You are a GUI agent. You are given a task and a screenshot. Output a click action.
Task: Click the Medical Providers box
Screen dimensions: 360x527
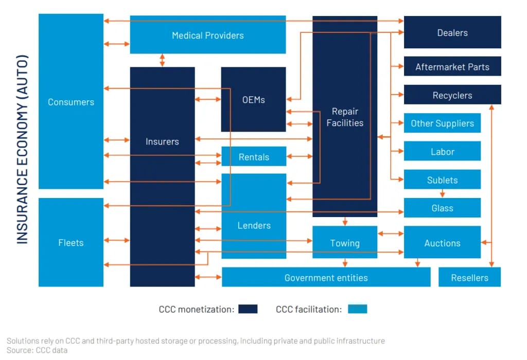207,35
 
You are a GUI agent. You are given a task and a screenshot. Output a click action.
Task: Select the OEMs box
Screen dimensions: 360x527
253,100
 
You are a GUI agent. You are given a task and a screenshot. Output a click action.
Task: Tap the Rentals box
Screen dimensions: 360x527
254,157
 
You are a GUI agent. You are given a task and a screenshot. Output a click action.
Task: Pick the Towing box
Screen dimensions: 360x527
345,243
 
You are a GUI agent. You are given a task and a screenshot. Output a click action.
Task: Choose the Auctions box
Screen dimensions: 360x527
442,243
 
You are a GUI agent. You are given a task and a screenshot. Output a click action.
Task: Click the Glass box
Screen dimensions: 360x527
442,208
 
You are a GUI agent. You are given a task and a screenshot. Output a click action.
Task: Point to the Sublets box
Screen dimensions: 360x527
442,179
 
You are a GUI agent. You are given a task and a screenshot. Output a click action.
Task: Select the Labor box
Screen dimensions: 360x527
442,152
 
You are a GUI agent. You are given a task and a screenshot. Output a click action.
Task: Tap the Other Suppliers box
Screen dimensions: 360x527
442,123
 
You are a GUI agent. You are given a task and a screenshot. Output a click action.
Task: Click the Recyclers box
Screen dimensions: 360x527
452,95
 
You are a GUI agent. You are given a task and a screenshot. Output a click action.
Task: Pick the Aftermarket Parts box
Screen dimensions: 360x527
452,67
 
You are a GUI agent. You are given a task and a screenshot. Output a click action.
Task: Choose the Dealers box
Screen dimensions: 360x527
452,32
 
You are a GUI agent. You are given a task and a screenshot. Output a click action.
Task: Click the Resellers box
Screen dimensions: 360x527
469,278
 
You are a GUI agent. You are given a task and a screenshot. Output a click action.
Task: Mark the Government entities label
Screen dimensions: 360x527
326,278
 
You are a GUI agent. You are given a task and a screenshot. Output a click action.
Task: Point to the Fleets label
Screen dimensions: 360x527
71,243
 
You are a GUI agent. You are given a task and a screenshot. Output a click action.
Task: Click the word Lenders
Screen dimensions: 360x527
254,225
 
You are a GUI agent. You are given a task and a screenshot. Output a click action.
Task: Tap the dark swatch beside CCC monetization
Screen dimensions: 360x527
248,309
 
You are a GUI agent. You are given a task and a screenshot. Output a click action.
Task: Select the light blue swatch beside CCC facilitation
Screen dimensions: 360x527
357,309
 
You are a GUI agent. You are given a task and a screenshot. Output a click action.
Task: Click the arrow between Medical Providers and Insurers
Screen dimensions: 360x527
162,60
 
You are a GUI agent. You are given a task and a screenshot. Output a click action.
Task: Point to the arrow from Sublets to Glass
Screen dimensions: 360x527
442,193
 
